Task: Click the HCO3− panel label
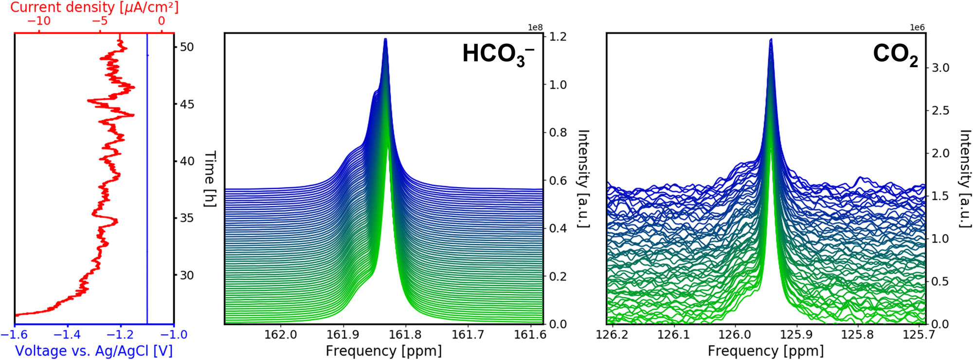[498, 54]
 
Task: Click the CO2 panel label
[895, 54]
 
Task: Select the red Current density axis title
[94, 7]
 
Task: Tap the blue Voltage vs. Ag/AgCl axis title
[94, 351]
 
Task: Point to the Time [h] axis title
[210, 179]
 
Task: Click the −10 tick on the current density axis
[39, 21]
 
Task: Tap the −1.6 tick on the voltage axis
[15, 335]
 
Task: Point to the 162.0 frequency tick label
[281, 335]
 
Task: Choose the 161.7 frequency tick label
[468, 335]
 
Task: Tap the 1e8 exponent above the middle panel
[535, 28]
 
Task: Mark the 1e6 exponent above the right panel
[917, 28]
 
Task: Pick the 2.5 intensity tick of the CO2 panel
[940, 110]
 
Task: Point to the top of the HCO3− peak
[385, 39]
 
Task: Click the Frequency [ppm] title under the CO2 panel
[766, 351]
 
